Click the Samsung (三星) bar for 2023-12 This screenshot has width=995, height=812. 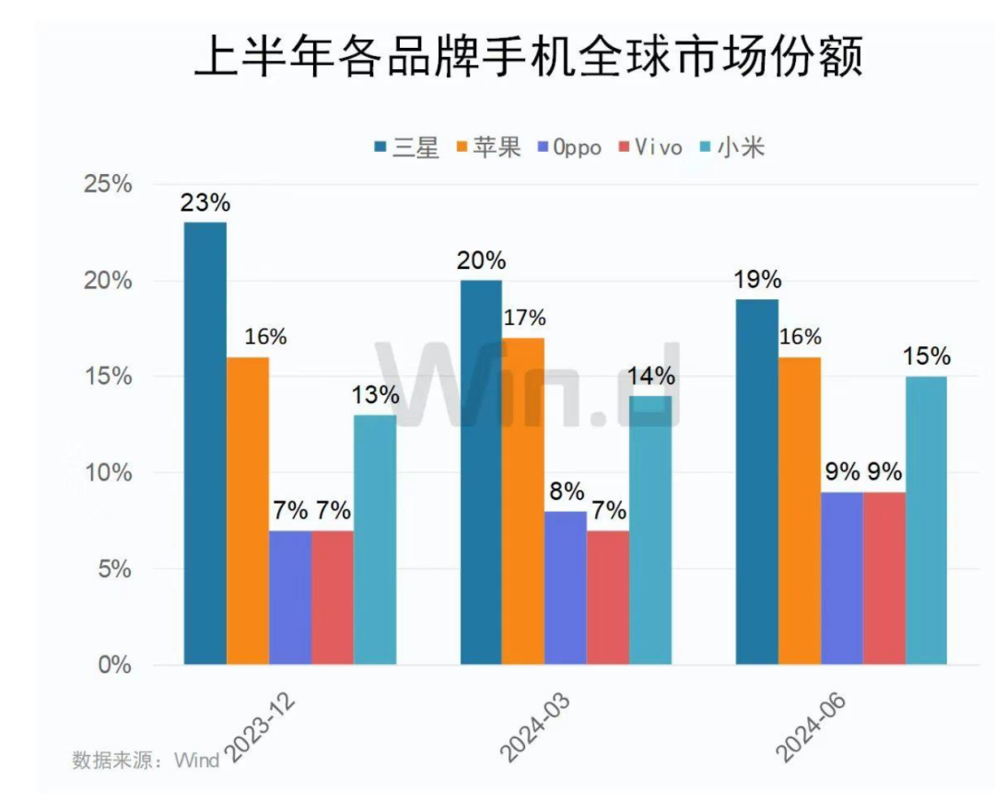point(205,443)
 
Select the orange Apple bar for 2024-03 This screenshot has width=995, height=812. point(522,501)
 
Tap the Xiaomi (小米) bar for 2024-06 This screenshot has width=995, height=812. point(926,520)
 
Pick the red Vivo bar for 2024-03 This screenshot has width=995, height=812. point(607,597)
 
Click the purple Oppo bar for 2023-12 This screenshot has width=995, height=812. point(289,597)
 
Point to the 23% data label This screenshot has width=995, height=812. point(205,203)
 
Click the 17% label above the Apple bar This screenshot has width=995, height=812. point(524,319)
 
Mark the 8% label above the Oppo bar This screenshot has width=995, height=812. point(565,492)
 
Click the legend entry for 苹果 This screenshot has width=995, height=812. point(487,147)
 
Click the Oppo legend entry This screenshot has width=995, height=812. point(566,147)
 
